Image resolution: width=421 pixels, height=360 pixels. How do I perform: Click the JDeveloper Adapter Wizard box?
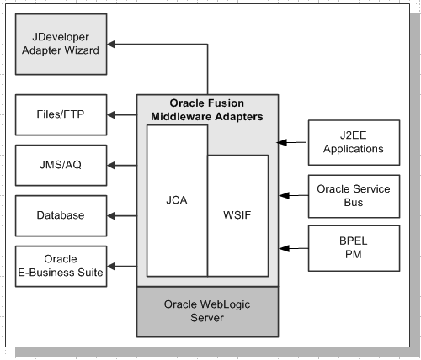[61, 43]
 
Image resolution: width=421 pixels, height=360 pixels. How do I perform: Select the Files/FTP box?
[61, 114]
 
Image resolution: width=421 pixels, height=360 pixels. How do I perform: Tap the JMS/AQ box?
[61, 164]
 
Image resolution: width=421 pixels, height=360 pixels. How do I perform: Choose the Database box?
[61, 215]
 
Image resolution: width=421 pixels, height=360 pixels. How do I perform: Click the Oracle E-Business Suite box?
[61, 265]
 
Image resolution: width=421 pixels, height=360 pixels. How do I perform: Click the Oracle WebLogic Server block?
[207, 311]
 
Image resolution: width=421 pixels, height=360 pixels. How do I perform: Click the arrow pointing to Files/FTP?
[122, 114]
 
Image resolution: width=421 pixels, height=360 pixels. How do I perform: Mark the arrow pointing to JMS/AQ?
[122, 165]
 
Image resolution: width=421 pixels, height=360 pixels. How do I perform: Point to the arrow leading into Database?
[122, 216]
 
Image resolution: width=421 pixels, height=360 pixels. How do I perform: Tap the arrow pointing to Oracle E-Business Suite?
[122, 265]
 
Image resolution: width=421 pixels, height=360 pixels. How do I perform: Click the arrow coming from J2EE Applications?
[293, 142]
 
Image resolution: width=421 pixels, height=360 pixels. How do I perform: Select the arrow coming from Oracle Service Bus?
[293, 195]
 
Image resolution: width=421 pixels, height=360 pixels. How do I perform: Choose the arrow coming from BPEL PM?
[293, 248]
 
